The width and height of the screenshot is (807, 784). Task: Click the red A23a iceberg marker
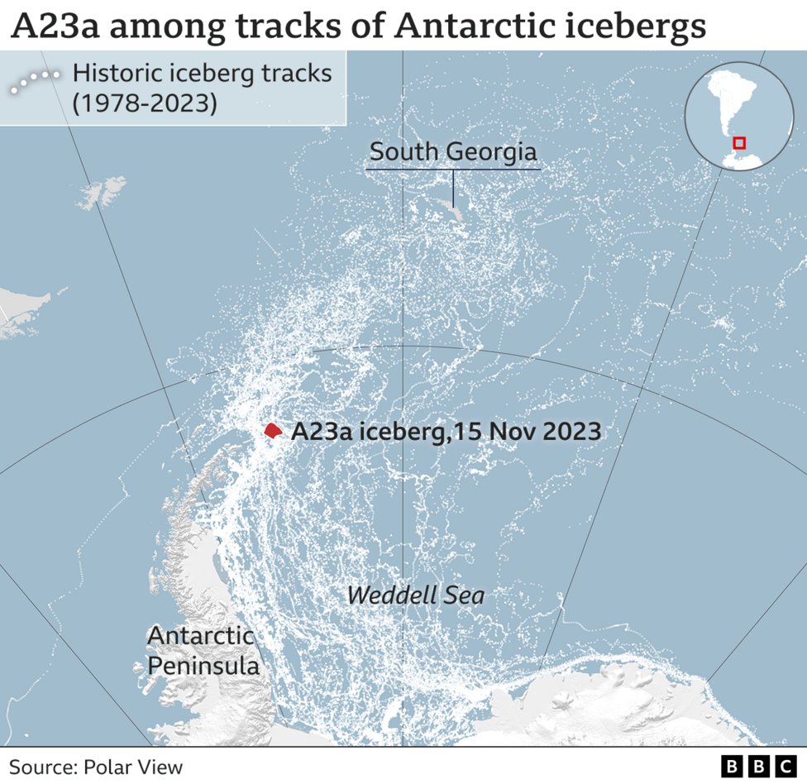[x=273, y=430]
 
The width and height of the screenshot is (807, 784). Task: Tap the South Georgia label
[x=453, y=152]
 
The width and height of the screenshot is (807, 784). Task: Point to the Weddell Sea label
[x=415, y=595]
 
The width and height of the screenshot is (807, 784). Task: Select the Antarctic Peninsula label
[x=203, y=651]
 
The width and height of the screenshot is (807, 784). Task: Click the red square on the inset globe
[x=739, y=143]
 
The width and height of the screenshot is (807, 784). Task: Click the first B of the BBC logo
[x=732, y=767]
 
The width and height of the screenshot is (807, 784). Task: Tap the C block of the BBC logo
[x=782, y=767]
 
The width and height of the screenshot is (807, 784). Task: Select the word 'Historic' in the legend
[x=119, y=74]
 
